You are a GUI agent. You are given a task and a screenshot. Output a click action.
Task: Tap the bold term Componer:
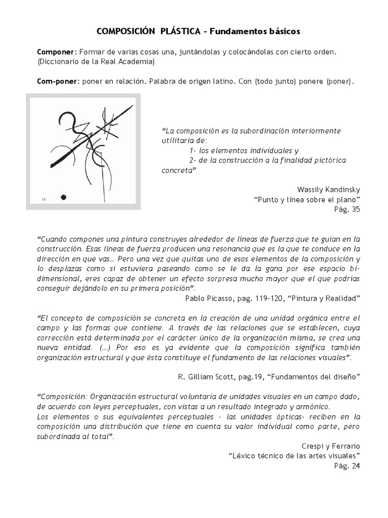click(56, 53)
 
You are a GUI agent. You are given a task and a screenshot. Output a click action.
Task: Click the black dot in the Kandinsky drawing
click(63, 197)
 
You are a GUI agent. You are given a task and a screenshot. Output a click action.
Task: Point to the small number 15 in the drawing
click(43, 200)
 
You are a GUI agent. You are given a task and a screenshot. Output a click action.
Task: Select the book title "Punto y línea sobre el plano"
click(306, 199)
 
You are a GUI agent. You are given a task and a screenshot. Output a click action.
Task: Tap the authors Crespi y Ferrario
click(328, 447)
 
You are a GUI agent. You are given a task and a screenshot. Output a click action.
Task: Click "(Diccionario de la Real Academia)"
click(96, 62)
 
